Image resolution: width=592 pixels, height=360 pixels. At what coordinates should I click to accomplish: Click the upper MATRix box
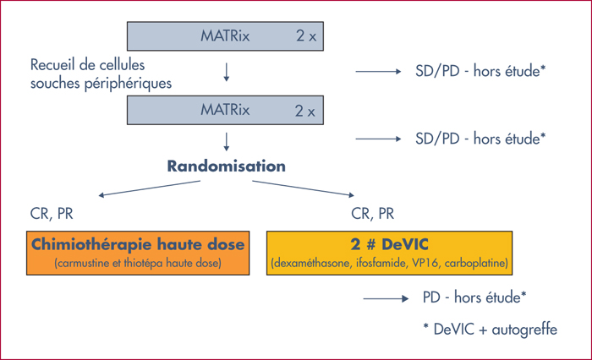point(225,36)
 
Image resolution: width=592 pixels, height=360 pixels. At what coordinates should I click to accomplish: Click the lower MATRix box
point(225,110)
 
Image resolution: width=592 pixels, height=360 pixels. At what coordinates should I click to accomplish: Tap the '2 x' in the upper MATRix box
point(306,36)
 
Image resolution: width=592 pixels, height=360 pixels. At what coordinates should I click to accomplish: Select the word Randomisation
point(226,166)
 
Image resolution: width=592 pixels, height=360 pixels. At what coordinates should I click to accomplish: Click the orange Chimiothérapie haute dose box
point(138,253)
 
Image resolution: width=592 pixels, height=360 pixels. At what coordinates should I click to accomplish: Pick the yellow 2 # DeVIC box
point(389,253)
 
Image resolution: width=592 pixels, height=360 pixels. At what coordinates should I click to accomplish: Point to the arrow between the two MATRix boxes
point(226,72)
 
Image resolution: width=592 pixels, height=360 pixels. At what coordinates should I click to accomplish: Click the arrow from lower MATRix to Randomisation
point(226,141)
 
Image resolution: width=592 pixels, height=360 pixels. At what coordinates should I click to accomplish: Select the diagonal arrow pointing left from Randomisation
point(149,188)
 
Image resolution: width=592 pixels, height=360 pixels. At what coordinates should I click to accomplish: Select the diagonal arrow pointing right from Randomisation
point(303,188)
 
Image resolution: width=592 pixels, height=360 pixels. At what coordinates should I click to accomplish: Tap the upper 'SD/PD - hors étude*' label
point(480,71)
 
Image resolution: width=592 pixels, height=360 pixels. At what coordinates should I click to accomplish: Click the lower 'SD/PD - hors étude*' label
point(480,139)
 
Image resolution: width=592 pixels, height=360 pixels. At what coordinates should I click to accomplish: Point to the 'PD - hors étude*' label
point(474,297)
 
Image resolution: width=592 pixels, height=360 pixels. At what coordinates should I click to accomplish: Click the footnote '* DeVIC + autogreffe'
point(490,330)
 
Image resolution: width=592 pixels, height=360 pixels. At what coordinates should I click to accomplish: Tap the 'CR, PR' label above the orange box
point(52,214)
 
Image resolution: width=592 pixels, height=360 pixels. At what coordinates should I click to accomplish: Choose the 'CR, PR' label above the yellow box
point(373,214)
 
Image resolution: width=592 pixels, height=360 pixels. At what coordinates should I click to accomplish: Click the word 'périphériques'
point(128,84)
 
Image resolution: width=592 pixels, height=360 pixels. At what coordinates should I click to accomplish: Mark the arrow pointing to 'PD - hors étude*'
point(386,299)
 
